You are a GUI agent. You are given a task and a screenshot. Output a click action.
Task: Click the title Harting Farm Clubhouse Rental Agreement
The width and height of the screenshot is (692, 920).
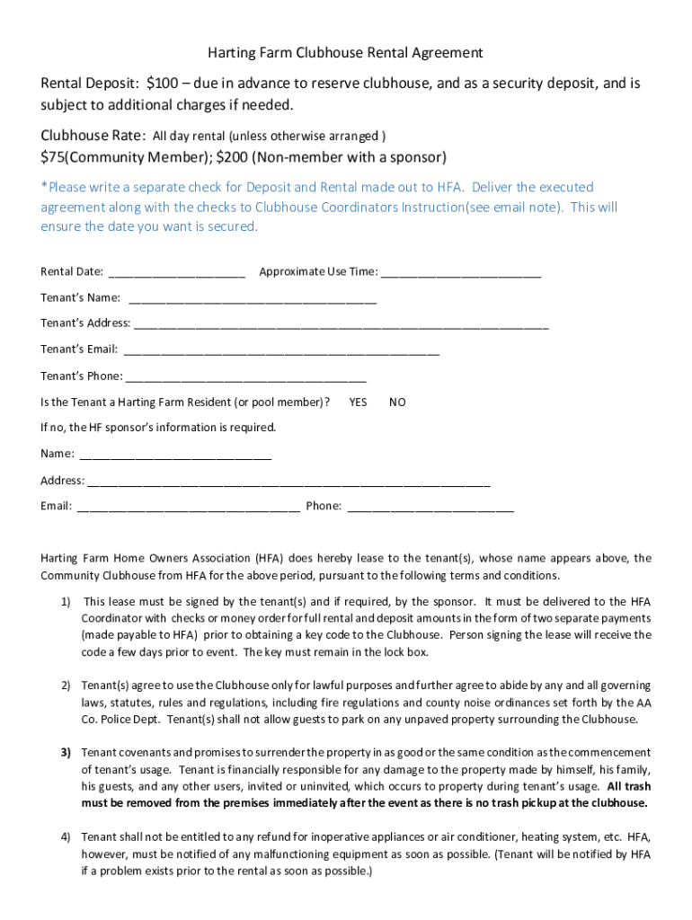346,53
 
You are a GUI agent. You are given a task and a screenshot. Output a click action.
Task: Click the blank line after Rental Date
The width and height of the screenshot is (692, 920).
176,273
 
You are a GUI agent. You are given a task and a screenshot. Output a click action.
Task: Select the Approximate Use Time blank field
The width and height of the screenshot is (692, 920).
461,273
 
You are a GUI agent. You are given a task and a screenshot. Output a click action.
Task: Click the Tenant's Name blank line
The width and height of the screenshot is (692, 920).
253,299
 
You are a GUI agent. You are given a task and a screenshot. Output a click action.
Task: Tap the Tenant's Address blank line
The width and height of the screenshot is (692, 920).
341,324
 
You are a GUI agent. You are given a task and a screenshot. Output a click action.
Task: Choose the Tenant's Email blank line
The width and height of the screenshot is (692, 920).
281,350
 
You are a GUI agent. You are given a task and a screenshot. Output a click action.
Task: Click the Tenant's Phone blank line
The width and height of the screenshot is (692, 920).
245,377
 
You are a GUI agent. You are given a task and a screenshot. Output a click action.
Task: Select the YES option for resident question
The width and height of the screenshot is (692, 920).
358,402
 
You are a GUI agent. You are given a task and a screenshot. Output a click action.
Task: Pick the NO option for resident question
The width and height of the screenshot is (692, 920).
397,402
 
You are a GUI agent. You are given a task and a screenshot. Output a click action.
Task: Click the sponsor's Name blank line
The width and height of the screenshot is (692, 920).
175,456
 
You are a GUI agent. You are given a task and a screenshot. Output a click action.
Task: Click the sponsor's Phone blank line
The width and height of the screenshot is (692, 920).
430,508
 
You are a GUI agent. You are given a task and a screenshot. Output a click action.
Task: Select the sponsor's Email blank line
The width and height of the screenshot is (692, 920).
188,508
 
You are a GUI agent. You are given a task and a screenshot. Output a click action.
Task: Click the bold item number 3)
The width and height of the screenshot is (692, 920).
66,753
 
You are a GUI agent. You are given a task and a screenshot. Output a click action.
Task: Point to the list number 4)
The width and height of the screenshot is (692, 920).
66,837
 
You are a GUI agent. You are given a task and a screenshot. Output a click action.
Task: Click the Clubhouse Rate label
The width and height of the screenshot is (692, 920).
92,136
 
